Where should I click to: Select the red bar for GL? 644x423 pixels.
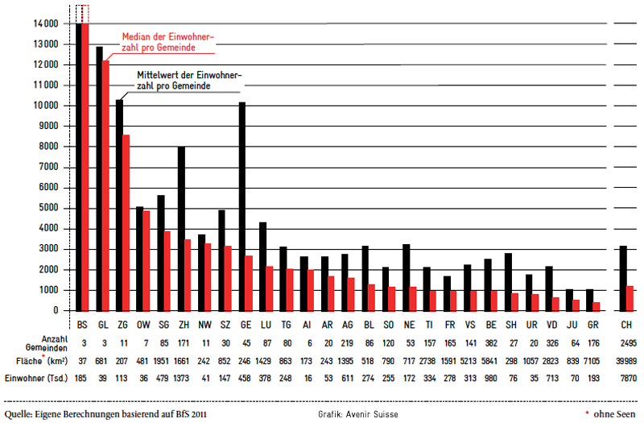(106, 186)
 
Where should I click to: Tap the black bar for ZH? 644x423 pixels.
(181, 229)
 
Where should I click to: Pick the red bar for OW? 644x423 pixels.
(147, 261)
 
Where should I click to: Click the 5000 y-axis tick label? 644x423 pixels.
(46, 208)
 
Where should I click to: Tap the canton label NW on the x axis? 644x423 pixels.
(204, 325)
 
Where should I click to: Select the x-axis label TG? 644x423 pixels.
(287, 325)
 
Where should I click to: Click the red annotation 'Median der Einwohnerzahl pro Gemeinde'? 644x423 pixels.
(168, 43)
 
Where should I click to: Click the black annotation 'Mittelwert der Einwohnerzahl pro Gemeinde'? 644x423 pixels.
(189, 81)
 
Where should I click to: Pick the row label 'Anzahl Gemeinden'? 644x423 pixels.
(47, 344)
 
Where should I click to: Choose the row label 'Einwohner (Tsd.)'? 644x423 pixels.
(36, 378)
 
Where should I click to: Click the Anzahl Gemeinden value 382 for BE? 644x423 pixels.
(491, 343)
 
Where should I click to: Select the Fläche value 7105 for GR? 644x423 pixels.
(592, 361)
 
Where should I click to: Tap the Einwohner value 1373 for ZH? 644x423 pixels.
(181, 378)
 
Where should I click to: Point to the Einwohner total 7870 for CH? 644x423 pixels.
(629, 378)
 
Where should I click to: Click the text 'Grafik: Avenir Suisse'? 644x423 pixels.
(358, 414)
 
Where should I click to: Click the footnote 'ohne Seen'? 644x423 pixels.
(614, 414)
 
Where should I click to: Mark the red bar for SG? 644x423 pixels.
(167, 272)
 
